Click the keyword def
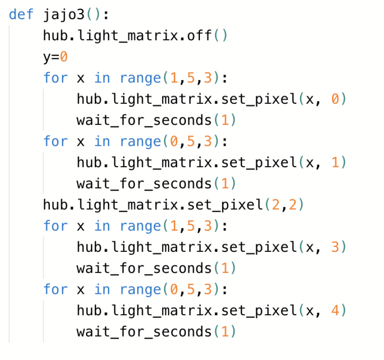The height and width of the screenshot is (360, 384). (x=21, y=14)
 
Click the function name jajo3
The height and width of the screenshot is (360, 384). (x=64, y=15)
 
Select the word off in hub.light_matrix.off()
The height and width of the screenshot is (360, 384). (x=199, y=35)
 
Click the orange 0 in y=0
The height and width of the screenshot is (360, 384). (x=63, y=57)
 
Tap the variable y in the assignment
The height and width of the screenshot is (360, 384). (x=47, y=58)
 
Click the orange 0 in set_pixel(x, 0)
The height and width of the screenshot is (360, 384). (x=335, y=99)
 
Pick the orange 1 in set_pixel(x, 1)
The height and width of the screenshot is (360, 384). (x=335, y=163)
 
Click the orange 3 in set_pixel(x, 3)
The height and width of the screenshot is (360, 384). (x=335, y=247)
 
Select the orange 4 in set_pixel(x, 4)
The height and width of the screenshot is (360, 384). (x=335, y=310)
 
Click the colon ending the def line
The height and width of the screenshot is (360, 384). (x=106, y=15)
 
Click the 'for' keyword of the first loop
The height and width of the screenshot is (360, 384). (x=55, y=77)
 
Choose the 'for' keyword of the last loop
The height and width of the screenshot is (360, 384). (x=55, y=289)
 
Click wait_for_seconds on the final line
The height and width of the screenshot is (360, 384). (x=144, y=332)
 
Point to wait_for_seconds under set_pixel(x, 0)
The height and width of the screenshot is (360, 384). (x=144, y=120)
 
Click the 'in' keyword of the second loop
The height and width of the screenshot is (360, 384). (x=102, y=141)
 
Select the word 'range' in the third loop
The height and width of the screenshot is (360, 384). (x=141, y=226)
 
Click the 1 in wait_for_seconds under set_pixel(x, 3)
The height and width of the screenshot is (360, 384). (x=225, y=268)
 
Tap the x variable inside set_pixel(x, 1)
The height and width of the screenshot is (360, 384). (x=310, y=163)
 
